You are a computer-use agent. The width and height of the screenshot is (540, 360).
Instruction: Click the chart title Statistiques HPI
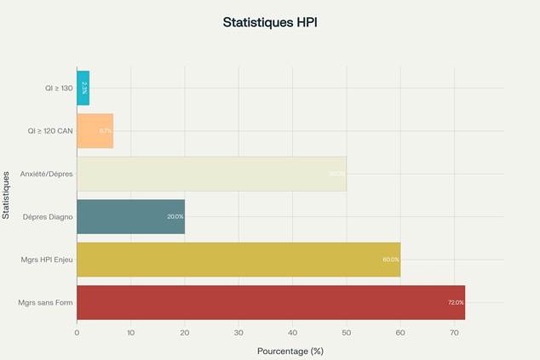pyautogui.click(x=269, y=23)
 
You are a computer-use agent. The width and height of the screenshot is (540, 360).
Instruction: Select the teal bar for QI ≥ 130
pyautogui.click(x=83, y=88)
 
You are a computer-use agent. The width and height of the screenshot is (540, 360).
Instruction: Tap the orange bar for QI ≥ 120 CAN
pyautogui.click(x=95, y=131)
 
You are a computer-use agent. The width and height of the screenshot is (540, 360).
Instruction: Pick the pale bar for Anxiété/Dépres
pyautogui.click(x=211, y=174)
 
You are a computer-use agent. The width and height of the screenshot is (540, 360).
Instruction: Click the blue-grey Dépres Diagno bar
pyautogui.click(x=130, y=216)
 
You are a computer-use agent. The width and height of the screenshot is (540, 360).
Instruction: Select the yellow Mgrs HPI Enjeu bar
pyautogui.click(x=238, y=260)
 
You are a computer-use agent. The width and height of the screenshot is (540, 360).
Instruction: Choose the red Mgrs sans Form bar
pyautogui.click(x=271, y=302)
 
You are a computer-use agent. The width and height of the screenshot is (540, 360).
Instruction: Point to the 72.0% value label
pyautogui.click(x=456, y=302)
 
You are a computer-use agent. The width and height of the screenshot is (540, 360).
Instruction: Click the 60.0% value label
pyautogui.click(x=391, y=260)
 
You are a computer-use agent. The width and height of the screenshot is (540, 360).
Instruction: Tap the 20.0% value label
pyautogui.click(x=175, y=217)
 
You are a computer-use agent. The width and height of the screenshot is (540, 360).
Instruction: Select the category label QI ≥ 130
pyautogui.click(x=59, y=88)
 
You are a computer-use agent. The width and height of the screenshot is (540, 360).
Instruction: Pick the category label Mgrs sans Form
pyautogui.click(x=45, y=302)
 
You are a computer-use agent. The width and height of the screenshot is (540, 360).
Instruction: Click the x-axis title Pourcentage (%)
pyautogui.click(x=290, y=350)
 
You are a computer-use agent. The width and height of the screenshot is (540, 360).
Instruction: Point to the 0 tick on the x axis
pyautogui.click(x=77, y=331)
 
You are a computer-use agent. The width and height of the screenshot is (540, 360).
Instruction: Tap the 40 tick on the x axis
pyautogui.click(x=292, y=331)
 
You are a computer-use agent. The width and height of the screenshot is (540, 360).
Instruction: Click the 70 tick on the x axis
pyautogui.click(x=454, y=331)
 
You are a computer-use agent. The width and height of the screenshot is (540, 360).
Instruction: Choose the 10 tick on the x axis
pyautogui.click(x=130, y=331)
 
